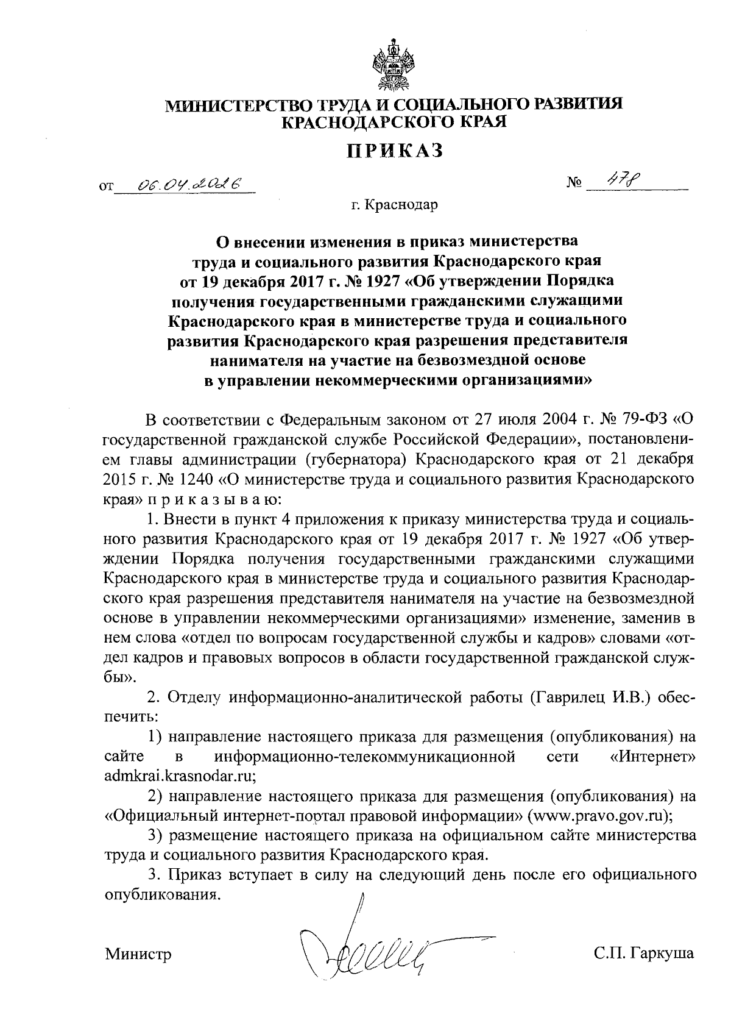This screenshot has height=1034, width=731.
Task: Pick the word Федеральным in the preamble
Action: click(x=333, y=420)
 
